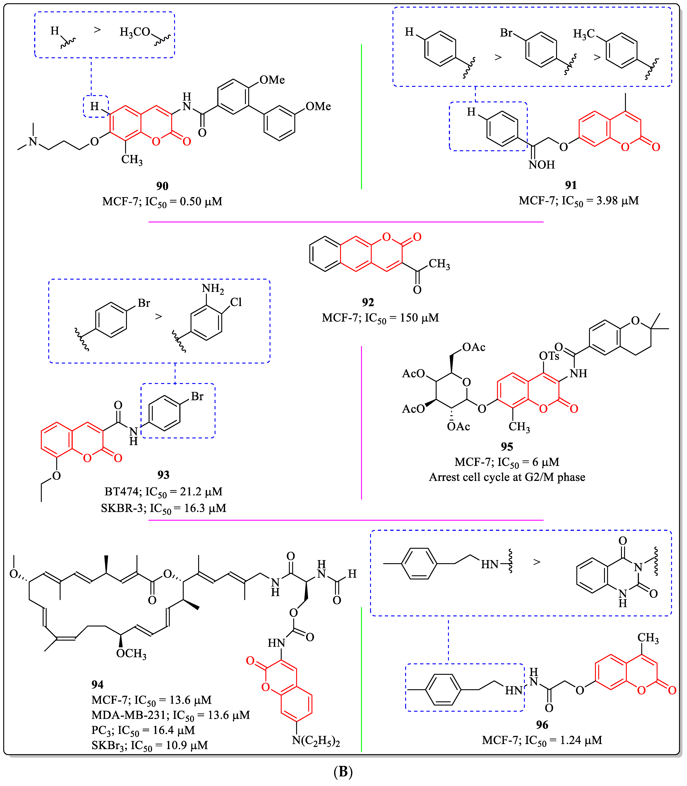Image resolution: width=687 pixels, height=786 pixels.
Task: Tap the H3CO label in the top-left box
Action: [135, 32]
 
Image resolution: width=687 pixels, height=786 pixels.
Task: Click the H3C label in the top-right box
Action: [583, 34]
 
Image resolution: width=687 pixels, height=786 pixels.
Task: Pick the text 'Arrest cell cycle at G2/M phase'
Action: [507, 477]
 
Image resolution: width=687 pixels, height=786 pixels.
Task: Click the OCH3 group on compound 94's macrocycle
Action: [131, 653]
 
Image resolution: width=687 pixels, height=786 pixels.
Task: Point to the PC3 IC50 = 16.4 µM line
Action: [143, 730]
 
